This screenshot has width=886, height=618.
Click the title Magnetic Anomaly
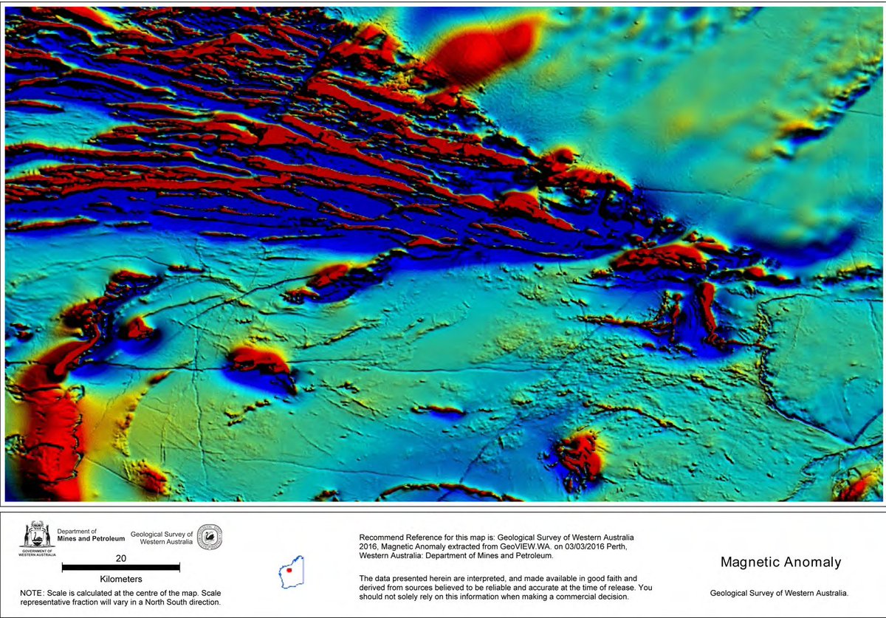(780, 563)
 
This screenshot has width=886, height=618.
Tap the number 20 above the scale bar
(121, 558)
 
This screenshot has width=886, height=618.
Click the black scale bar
(121, 568)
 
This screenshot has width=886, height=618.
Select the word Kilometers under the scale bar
(121, 580)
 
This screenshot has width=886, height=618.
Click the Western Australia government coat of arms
(36, 538)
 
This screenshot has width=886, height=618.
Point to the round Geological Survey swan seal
(210, 537)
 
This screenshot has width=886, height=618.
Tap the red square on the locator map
(290, 570)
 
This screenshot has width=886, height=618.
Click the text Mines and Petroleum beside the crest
(92, 539)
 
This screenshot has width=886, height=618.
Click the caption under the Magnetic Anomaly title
(779, 593)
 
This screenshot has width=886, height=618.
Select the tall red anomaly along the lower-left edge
(48, 436)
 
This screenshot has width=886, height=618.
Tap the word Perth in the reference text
(611, 546)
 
